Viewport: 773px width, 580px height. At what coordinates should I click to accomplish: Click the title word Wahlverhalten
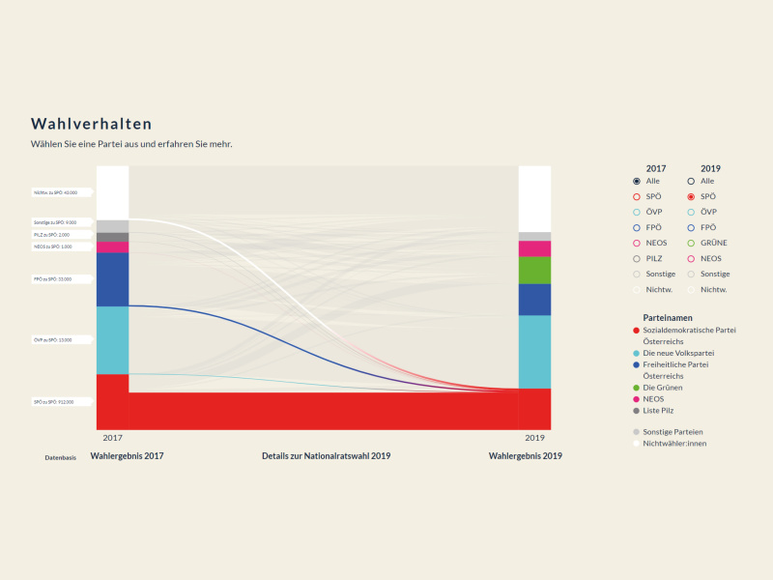click(x=91, y=124)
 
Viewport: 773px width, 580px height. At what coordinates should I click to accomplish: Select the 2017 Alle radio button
click(x=637, y=181)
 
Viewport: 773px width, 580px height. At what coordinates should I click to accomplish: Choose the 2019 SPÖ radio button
click(x=691, y=196)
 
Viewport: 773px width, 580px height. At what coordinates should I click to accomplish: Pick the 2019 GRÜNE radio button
click(x=691, y=243)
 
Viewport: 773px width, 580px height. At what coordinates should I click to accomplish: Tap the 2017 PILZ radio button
click(x=637, y=258)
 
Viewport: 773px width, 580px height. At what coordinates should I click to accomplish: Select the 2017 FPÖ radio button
click(x=637, y=227)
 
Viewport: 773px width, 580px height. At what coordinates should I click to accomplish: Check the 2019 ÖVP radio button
click(x=691, y=212)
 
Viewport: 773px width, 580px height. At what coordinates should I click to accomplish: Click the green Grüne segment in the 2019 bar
click(x=534, y=270)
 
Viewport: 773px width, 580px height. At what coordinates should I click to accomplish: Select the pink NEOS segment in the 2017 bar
click(x=112, y=246)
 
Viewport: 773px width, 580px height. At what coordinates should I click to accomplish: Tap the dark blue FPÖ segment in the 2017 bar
click(x=112, y=278)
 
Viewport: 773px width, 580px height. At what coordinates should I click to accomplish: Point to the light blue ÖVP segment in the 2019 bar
click(x=534, y=351)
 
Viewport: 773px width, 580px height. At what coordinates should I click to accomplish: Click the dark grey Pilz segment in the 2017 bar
click(x=112, y=237)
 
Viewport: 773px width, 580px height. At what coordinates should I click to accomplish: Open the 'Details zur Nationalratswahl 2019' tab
click(x=326, y=455)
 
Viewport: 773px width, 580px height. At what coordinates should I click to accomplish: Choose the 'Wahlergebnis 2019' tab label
click(x=525, y=455)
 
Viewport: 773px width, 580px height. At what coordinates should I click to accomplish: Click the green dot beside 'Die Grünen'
click(x=636, y=388)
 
